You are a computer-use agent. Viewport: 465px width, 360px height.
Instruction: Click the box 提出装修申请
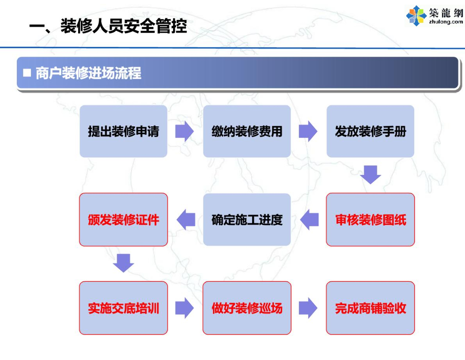[x=124, y=131]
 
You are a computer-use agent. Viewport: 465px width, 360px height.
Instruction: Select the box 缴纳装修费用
[x=247, y=131]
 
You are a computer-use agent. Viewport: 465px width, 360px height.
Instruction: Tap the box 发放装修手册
[x=370, y=131]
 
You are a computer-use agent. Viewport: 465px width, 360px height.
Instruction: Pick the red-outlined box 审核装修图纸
[x=370, y=220]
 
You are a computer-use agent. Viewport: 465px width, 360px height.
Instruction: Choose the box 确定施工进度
[x=247, y=220]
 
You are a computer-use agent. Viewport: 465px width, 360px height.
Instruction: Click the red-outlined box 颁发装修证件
[x=124, y=220]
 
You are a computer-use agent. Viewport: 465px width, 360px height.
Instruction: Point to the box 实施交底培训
[x=124, y=308]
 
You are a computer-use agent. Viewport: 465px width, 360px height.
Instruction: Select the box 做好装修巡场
[x=247, y=308]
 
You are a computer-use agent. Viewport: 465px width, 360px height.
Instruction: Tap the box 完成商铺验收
[x=370, y=308]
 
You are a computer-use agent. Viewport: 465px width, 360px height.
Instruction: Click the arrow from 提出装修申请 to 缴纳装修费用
[x=185, y=131]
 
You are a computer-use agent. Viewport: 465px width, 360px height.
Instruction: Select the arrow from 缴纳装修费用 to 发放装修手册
[x=308, y=131]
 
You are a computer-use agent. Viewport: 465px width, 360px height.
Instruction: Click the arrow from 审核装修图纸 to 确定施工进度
[x=309, y=220]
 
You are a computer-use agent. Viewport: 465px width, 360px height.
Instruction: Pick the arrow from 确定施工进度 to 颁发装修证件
[x=185, y=220]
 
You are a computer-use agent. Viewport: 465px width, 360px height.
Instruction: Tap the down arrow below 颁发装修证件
[x=124, y=263]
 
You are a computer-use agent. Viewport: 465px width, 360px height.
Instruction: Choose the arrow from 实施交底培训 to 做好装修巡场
[x=185, y=308]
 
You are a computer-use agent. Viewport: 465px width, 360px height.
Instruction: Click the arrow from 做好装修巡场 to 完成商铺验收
[x=308, y=308]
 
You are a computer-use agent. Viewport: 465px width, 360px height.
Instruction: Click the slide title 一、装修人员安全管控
[x=108, y=26]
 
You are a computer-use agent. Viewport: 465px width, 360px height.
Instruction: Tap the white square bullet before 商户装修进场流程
[x=27, y=73]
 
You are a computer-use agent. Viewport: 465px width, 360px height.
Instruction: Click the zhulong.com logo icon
[x=416, y=15]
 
